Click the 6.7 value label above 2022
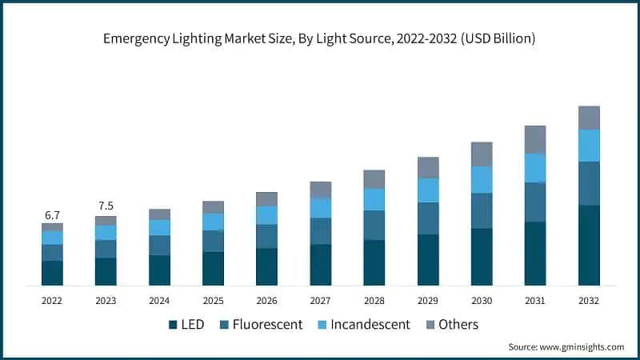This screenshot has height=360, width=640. click(x=52, y=215)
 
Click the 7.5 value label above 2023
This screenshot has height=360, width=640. click(x=106, y=206)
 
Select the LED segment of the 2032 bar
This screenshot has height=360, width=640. click(x=589, y=245)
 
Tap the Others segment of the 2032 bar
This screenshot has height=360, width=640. click(x=589, y=118)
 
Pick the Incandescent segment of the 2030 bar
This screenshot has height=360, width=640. click(x=482, y=179)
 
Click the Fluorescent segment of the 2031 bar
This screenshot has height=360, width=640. click(x=535, y=202)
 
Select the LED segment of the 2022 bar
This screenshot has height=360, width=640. click(x=52, y=273)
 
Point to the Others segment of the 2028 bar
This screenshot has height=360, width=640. click(x=374, y=178)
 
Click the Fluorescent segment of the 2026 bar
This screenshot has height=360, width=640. click(x=266, y=236)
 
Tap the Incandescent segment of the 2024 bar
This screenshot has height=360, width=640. click(x=159, y=227)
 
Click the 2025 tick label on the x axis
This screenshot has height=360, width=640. click(x=213, y=300)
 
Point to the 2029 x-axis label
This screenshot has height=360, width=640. click(x=428, y=300)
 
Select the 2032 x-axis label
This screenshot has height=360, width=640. click(x=589, y=300)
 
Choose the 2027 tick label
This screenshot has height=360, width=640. click(x=320, y=300)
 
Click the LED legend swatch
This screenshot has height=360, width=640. click(x=173, y=325)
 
